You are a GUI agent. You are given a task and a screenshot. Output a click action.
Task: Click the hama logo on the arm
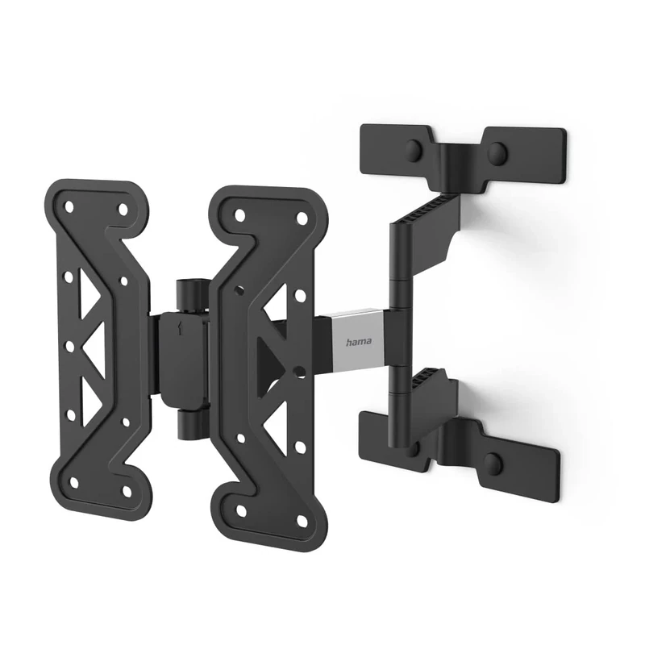(x=359, y=342)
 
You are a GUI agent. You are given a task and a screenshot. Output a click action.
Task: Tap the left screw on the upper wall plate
(x=415, y=150)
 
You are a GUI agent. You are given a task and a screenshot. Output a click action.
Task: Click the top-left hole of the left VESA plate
(x=69, y=207)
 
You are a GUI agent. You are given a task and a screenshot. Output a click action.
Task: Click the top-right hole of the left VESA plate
(x=123, y=209)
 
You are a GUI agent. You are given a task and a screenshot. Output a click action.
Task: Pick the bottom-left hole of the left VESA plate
(x=74, y=483)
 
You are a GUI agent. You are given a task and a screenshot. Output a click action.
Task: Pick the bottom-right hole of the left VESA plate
(x=126, y=490)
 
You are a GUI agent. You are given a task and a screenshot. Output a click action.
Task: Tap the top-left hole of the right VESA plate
(x=239, y=215)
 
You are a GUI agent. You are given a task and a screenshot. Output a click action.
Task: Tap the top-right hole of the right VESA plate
(x=301, y=218)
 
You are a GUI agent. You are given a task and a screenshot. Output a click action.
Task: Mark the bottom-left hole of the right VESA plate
(x=240, y=510)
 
